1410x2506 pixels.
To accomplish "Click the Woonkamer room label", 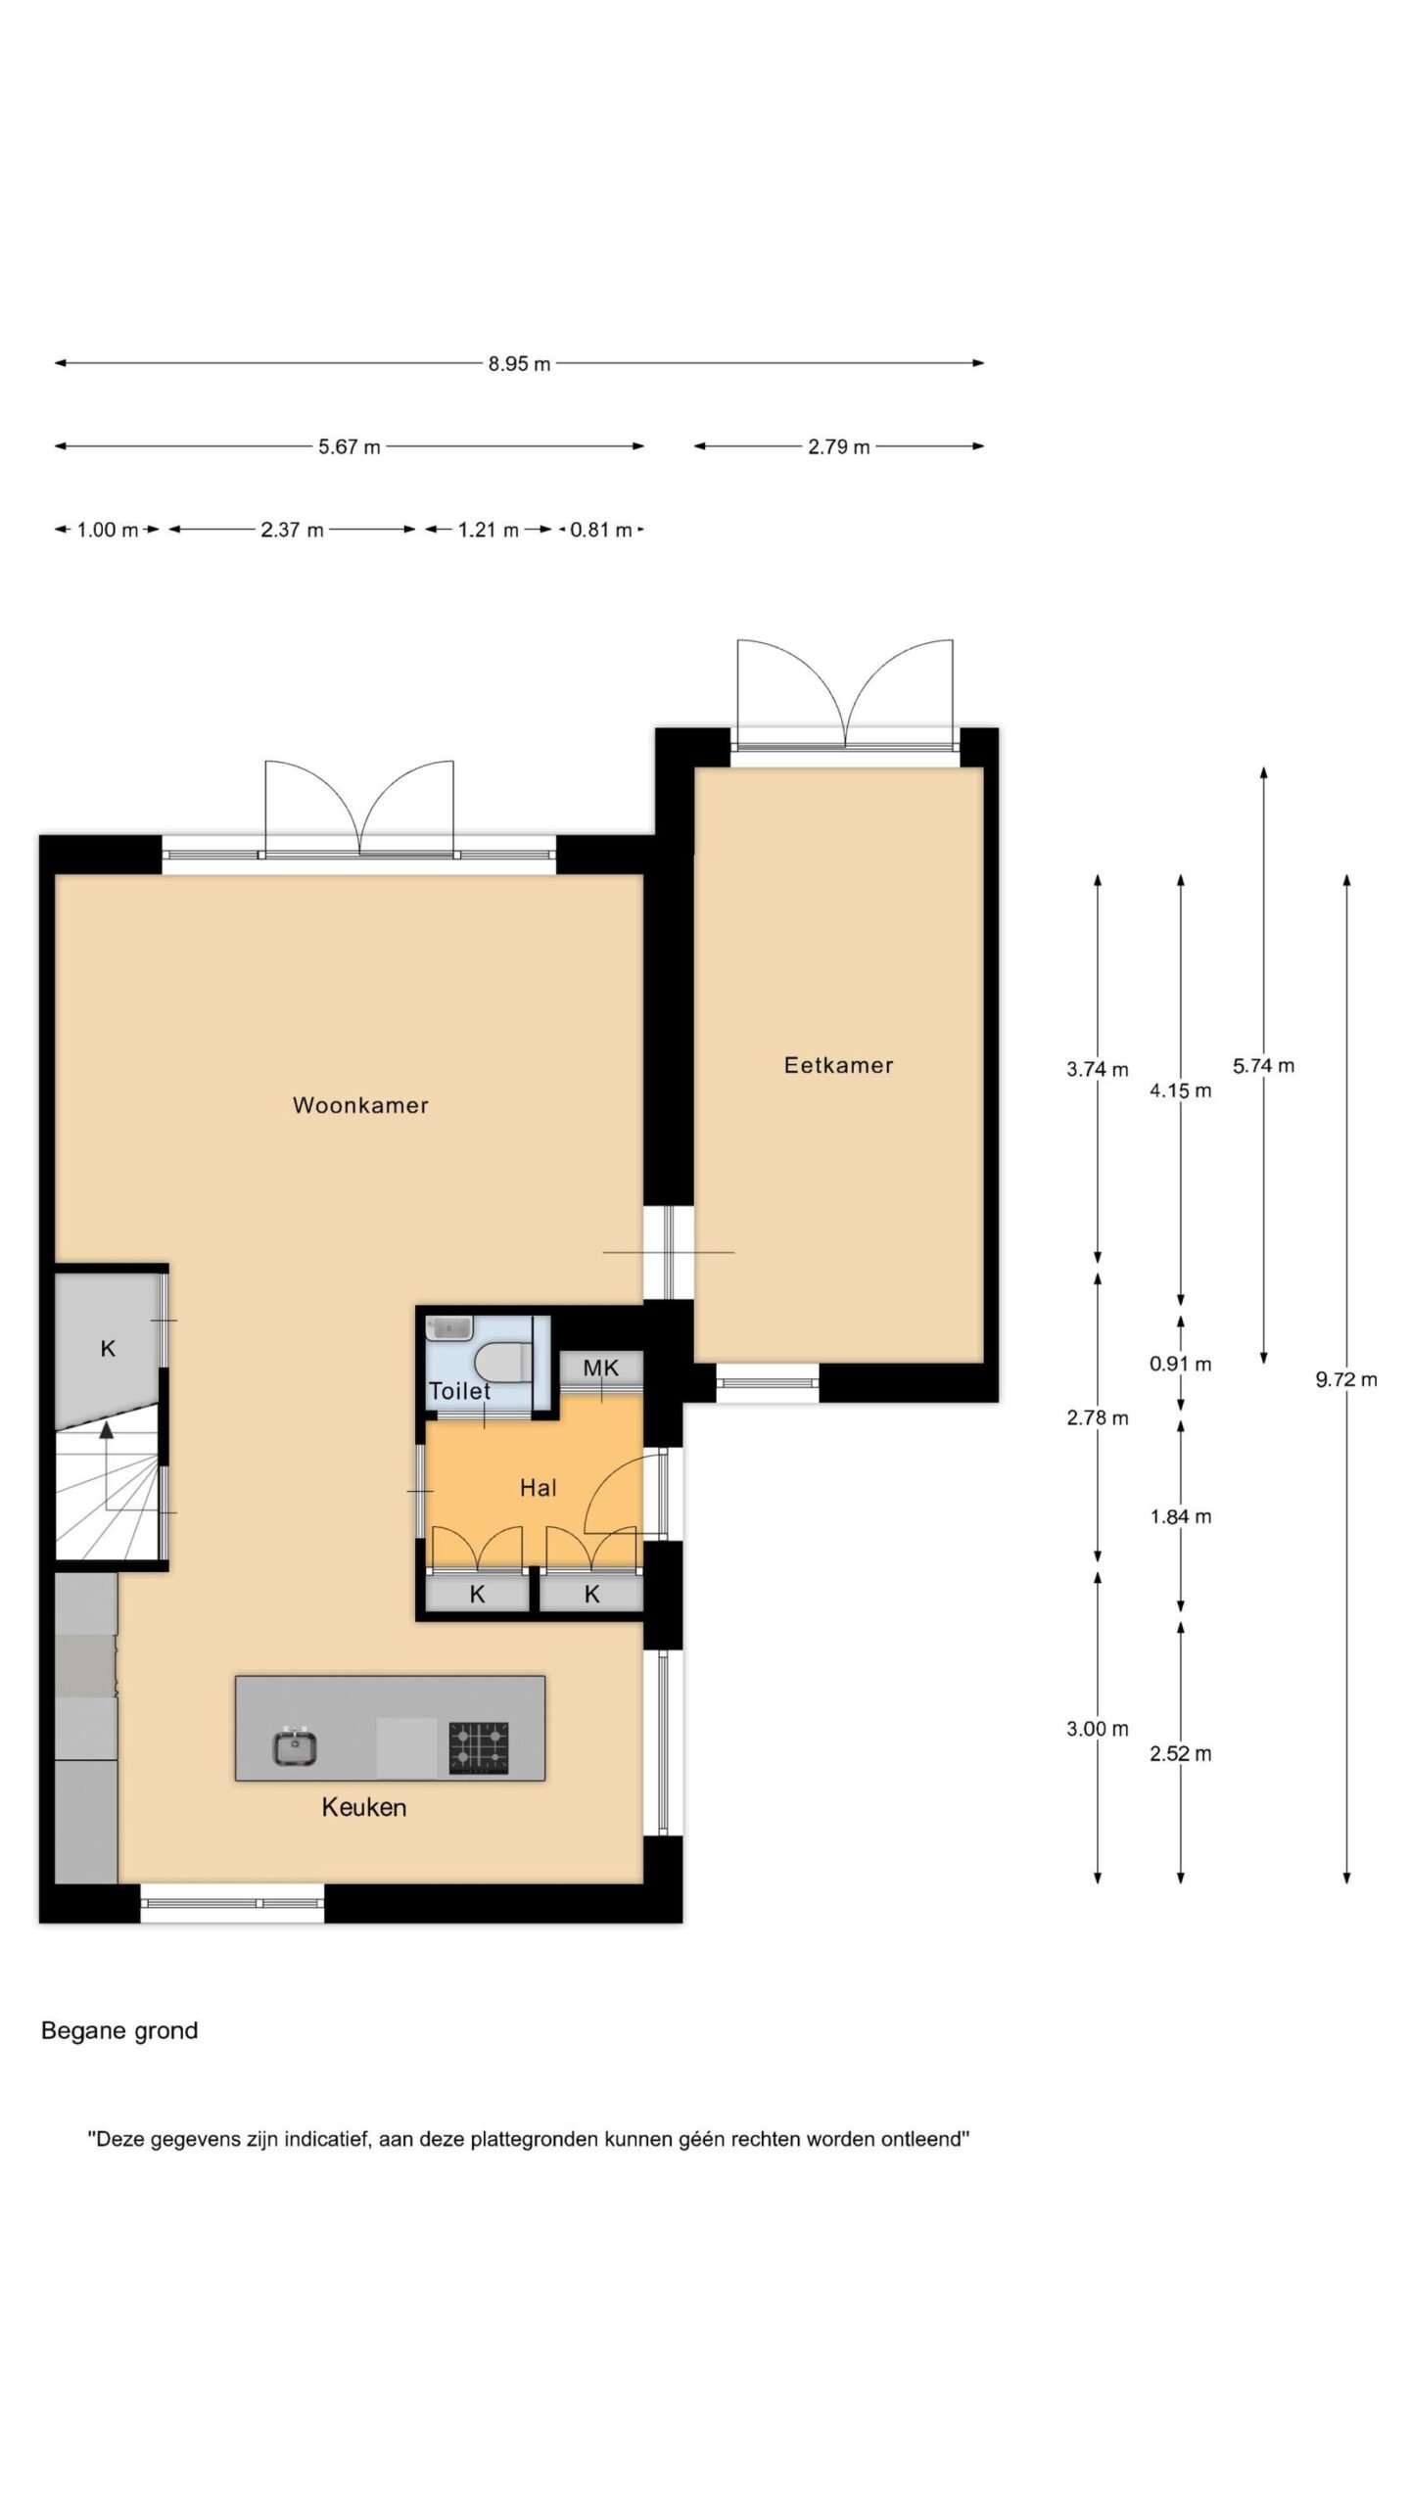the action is click(x=360, y=1105).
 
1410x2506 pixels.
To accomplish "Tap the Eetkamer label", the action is click(x=838, y=1065).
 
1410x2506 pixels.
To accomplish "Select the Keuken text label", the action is click(x=364, y=1807).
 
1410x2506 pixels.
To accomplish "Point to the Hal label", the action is click(x=538, y=1488).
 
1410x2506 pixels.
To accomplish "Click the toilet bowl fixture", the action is click(x=502, y=1361).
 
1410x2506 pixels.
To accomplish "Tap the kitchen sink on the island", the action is click(x=296, y=1746).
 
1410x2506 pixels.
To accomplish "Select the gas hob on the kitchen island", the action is click(x=479, y=1747).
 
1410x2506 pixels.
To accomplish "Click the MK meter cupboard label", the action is click(x=601, y=1368).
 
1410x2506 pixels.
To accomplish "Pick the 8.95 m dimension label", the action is click(x=520, y=364).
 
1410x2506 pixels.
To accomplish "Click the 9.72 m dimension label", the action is click(x=1346, y=1379).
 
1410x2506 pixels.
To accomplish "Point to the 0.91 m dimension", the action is click(x=1181, y=1364).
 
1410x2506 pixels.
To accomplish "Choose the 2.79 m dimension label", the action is click(x=839, y=447).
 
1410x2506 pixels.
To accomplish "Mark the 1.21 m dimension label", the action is click(x=489, y=531).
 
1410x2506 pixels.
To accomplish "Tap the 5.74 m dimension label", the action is click(x=1263, y=1065).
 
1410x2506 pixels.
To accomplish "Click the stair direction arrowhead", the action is click(x=107, y=1430).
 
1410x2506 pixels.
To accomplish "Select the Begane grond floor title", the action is click(x=119, y=2031).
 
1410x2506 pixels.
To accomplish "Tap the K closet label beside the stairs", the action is click(x=108, y=1349).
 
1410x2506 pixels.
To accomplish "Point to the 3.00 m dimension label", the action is click(x=1098, y=1729).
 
